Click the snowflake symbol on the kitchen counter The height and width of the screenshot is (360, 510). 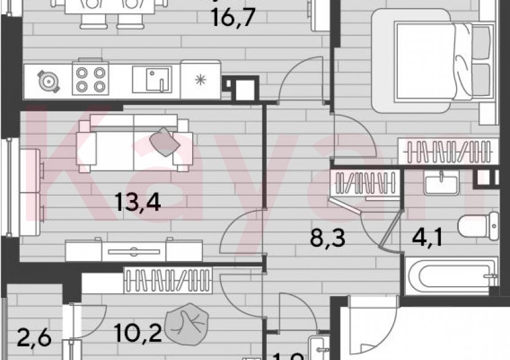point(199,79)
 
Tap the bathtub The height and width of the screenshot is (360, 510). point(449,275)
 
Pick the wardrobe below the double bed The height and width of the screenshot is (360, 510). point(447,151)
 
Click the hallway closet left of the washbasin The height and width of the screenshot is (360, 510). point(363,183)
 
